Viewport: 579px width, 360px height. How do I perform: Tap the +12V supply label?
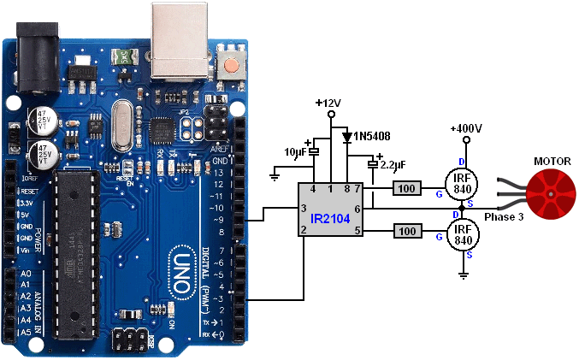[328, 103]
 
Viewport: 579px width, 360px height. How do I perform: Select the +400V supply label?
[466, 128]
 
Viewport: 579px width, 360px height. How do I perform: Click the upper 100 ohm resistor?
[407, 187]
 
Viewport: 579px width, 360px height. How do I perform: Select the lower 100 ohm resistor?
[407, 231]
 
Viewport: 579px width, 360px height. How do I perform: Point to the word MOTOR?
[552, 161]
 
